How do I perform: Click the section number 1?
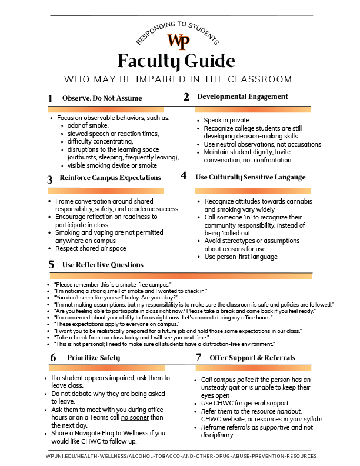click(x=51, y=99)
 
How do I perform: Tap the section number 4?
click(x=184, y=176)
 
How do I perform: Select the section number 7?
click(x=198, y=357)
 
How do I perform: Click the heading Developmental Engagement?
click(x=242, y=96)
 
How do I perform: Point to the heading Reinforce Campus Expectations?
click(x=110, y=177)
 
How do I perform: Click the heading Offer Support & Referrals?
click(x=253, y=357)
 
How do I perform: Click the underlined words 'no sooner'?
click(x=135, y=417)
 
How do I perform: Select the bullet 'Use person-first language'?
click(x=241, y=257)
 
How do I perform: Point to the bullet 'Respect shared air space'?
click(x=86, y=248)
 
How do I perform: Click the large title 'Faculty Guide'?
click(x=176, y=61)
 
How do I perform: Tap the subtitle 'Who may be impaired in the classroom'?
click(x=178, y=79)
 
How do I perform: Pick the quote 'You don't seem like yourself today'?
click(x=108, y=298)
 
